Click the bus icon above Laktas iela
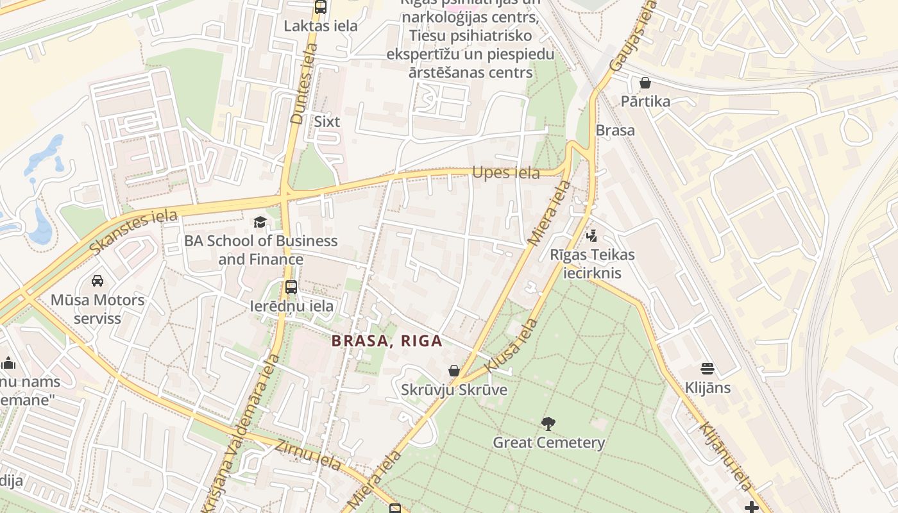tap(321, 8)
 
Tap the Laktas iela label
tap(321, 26)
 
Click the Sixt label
tap(327, 121)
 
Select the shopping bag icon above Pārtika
tap(645, 83)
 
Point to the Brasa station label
tap(615, 130)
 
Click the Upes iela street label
tap(506, 172)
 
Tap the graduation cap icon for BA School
tap(260, 223)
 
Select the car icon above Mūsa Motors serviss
tap(97, 281)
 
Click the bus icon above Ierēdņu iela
tap(291, 287)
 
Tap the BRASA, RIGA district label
tap(387, 341)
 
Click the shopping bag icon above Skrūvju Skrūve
tap(454, 371)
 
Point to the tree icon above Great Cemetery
tap(548, 423)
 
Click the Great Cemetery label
tap(548, 442)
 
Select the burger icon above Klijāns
tap(707, 369)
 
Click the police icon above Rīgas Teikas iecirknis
tap(591, 236)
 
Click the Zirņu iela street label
tap(308, 455)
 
